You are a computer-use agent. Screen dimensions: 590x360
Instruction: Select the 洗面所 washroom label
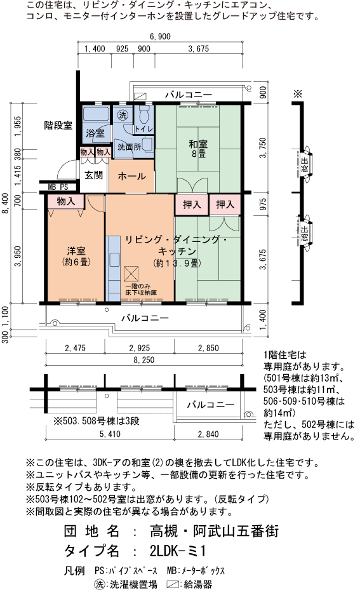(128, 145)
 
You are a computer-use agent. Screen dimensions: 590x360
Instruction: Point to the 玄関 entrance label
(94, 175)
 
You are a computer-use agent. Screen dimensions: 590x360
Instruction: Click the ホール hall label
(132, 176)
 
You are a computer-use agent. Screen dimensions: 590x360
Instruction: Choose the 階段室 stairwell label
(58, 125)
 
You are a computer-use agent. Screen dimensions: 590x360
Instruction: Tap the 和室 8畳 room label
(196, 148)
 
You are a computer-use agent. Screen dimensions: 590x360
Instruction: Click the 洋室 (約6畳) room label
(75, 254)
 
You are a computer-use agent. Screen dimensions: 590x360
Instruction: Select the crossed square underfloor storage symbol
(132, 274)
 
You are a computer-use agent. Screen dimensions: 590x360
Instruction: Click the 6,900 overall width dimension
(160, 36)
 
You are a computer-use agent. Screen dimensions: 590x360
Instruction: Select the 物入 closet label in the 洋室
(65, 201)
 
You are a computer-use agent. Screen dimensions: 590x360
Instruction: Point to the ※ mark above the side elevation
(297, 93)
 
